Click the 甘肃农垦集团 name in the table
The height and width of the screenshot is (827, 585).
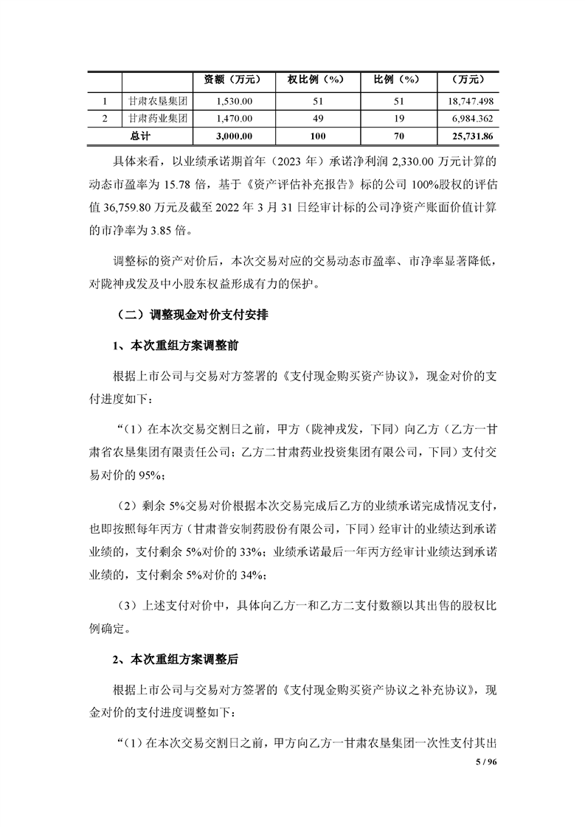click(157, 100)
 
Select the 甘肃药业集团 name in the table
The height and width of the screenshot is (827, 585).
click(157, 118)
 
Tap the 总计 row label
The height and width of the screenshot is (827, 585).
click(139, 136)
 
